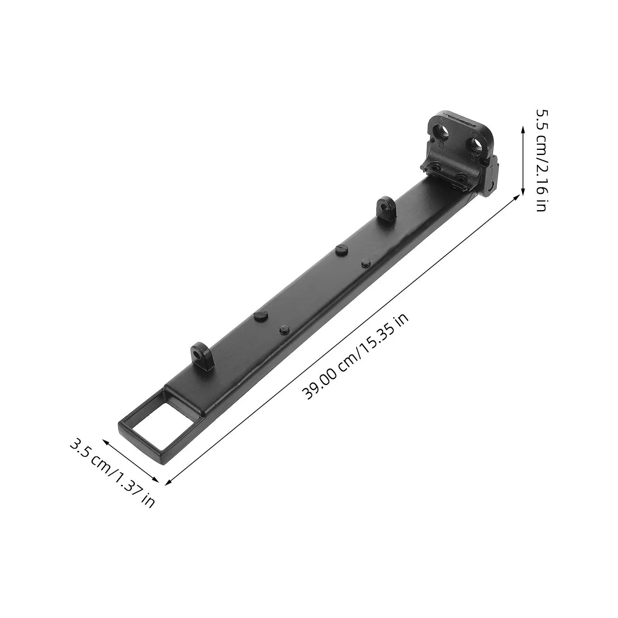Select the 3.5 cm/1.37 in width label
[112, 471]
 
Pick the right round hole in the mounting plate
[477, 144]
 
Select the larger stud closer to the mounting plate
[341, 249]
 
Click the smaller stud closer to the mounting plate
[365, 263]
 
